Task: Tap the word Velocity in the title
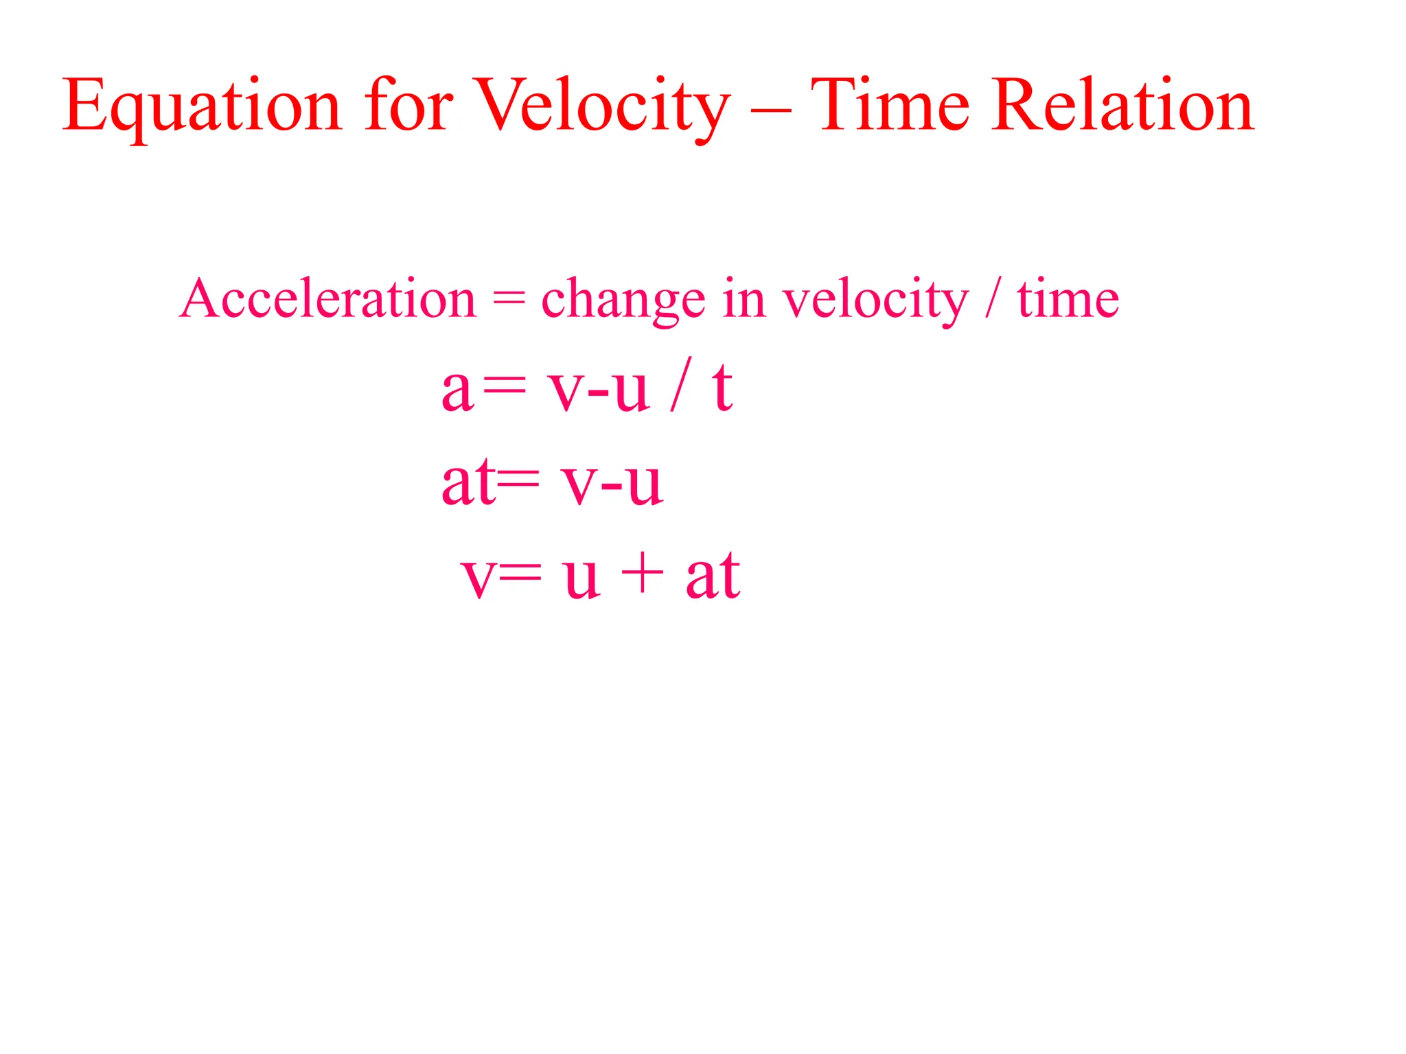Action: pos(602,106)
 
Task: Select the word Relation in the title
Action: pos(1122,106)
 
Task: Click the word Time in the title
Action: pos(890,106)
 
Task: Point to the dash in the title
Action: pos(770,110)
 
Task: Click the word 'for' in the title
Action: pos(408,106)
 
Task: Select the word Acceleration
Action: pos(327,299)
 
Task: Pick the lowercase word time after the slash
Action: pos(1068,299)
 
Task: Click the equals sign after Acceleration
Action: pos(509,299)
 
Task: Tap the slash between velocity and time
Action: pos(993,298)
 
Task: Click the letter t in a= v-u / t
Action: pos(722,388)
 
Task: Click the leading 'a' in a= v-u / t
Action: pos(458,391)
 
